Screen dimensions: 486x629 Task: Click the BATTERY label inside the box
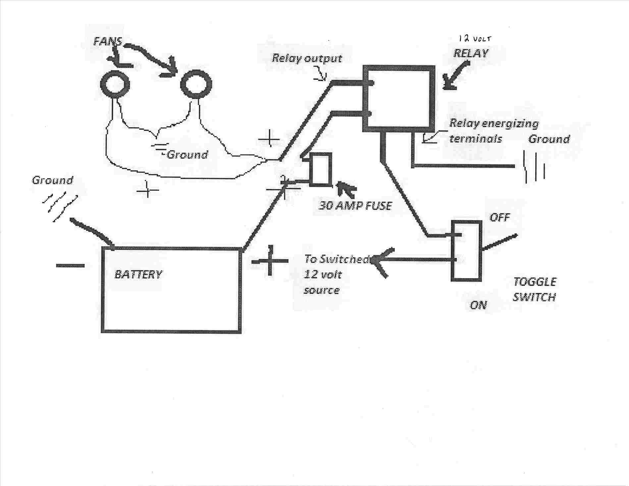138,274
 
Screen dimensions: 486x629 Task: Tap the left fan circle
115,84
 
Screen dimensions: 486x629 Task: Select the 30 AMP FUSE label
355,206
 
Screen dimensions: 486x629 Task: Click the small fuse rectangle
321,169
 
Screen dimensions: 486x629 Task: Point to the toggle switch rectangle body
466,251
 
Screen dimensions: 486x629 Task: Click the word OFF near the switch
500,218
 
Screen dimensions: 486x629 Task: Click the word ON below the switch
478,305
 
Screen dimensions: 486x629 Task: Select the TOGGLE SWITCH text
534,289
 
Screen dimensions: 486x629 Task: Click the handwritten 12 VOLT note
474,39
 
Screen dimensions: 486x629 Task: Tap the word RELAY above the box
470,53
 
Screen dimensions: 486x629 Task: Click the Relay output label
307,58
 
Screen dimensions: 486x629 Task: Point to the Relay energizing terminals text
493,131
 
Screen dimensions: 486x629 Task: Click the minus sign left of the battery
70,266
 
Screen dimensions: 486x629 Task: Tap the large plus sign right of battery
270,262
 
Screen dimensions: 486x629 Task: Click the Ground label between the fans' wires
187,155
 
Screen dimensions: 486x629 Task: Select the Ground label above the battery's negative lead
52,180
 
